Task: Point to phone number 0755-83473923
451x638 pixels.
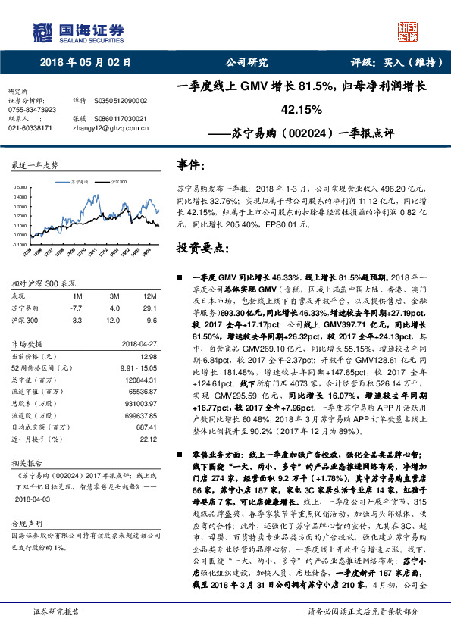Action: click(x=32, y=109)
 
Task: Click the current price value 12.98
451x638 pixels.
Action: click(x=148, y=355)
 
